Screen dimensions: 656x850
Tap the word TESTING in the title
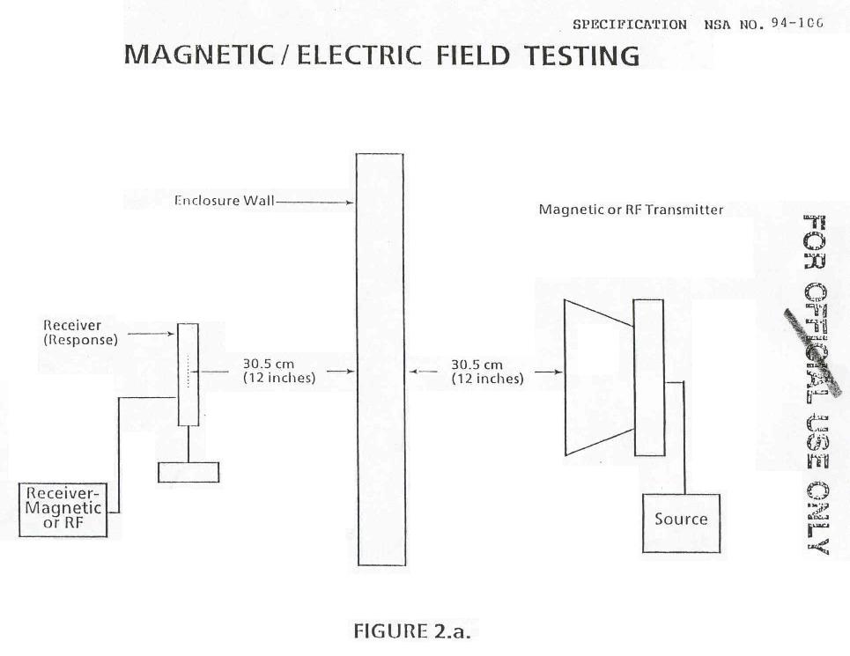point(582,55)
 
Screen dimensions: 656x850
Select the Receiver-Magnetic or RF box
point(63,510)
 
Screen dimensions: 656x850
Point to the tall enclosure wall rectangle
point(381,359)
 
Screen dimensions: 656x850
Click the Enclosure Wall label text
point(224,201)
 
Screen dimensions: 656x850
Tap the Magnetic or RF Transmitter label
point(631,210)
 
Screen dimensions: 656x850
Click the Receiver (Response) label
point(80,333)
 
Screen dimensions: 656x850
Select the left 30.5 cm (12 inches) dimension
point(278,372)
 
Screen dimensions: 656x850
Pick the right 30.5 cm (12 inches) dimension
point(487,372)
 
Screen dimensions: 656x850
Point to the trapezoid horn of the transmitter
point(599,378)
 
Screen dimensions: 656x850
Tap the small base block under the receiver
point(188,472)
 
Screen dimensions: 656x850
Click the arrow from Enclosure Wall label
point(315,202)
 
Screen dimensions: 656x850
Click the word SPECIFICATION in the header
point(630,25)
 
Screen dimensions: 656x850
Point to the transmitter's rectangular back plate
point(648,377)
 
